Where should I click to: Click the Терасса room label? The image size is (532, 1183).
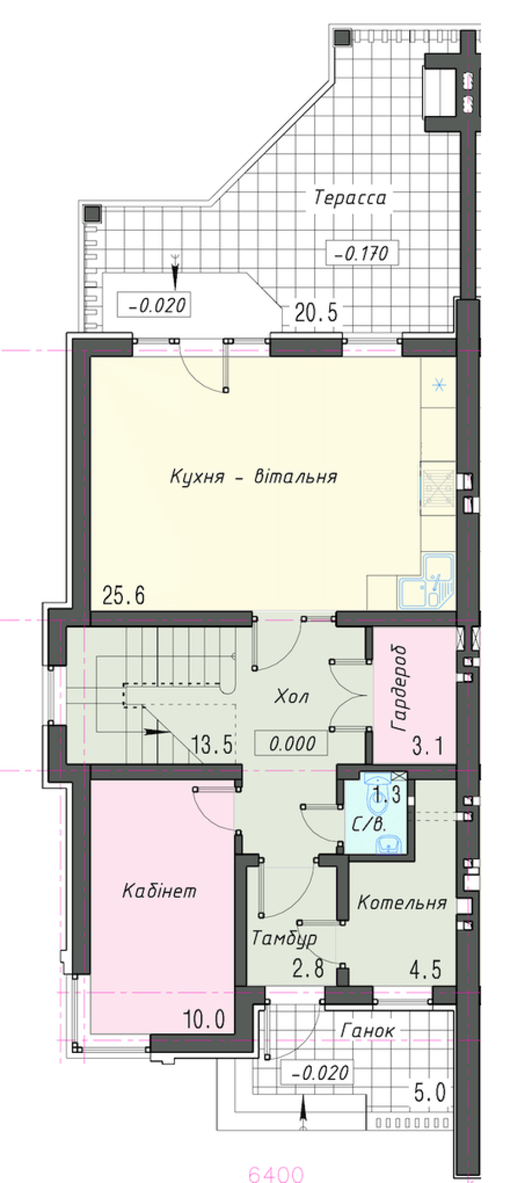(x=350, y=198)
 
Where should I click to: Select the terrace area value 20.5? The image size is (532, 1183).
(x=316, y=313)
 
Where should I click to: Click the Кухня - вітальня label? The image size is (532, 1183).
(x=253, y=475)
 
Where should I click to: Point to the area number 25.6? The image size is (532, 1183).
(x=123, y=595)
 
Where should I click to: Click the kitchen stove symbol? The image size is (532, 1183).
(x=438, y=488)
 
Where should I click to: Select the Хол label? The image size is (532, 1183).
(x=291, y=696)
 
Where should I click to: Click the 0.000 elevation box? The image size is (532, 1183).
(x=291, y=743)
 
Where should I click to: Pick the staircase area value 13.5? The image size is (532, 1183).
(x=212, y=744)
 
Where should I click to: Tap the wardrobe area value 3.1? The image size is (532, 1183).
(x=428, y=746)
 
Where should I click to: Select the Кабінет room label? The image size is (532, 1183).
(x=159, y=891)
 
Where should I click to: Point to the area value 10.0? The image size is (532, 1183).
(x=204, y=1019)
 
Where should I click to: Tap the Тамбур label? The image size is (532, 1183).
(x=285, y=939)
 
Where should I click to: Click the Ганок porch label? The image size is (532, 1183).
(x=368, y=1031)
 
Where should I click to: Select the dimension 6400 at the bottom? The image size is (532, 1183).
(x=276, y=1173)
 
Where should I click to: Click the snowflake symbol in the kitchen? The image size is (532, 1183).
(x=439, y=384)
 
